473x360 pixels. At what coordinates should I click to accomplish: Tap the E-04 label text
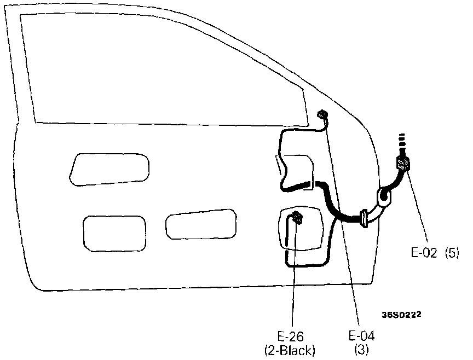coord(360,336)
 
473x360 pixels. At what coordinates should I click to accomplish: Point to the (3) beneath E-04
coord(360,349)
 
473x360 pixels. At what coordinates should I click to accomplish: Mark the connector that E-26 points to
coord(297,218)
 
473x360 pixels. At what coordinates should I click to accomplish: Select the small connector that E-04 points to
coord(322,115)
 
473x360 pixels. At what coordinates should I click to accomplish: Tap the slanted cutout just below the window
coord(109,168)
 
